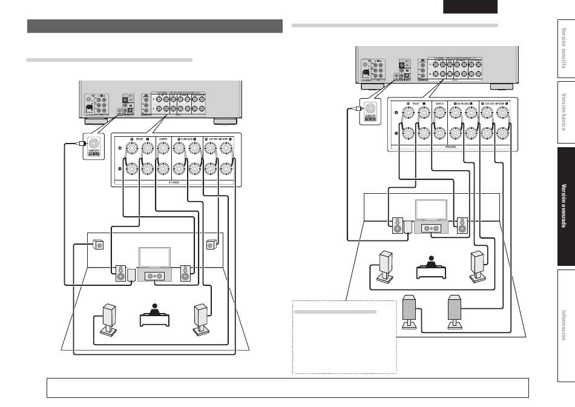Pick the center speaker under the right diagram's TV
pos(430,228)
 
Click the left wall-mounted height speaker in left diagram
pos(98,245)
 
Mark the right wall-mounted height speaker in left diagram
pos(211,245)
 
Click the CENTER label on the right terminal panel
pos(439,103)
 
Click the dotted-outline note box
pos(344,336)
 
